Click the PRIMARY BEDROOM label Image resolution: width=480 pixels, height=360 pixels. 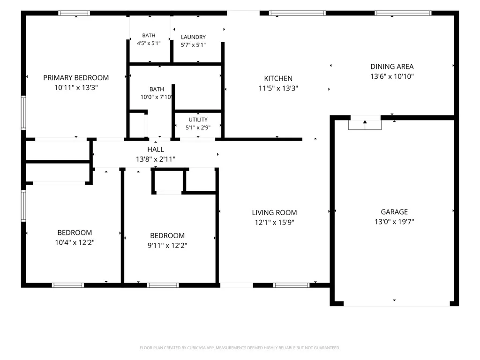pos(76,78)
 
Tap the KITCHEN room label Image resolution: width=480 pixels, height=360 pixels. pos(278,78)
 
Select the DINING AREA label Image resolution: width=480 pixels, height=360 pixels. pos(392,67)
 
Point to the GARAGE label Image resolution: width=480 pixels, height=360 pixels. pos(394,212)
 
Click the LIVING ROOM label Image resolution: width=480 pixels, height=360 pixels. pos(274,212)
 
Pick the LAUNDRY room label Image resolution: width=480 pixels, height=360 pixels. pos(193,37)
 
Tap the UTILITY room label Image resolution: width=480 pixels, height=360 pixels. pos(198,120)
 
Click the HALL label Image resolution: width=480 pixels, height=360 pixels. pos(156,150)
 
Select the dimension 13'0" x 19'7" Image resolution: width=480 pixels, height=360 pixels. pos(394,222)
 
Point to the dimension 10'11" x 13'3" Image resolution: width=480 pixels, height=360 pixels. pos(76,88)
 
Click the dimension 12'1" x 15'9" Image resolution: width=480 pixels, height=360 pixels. pos(274,222)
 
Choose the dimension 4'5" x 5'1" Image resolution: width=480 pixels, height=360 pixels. pos(149,43)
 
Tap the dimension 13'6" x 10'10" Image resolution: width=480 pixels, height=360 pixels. pos(392,76)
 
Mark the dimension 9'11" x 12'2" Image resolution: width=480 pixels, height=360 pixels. pos(167,246)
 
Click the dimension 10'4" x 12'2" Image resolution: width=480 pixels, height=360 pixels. pos(75,242)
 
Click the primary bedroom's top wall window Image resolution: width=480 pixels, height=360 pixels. pos(74,13)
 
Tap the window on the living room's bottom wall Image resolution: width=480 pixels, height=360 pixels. pos(291,285)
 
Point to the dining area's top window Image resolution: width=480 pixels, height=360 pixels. pos(403,13)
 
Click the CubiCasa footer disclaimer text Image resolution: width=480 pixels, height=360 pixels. pos(240,348)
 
